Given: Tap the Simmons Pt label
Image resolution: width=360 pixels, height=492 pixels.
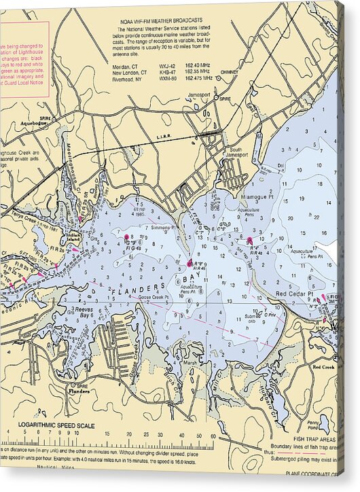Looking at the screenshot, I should tap(163, 227).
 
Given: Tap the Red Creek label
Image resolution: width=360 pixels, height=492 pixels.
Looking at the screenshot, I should tap(323, 366).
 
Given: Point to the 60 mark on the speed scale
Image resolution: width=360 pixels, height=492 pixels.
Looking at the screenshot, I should tap(215, 435).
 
